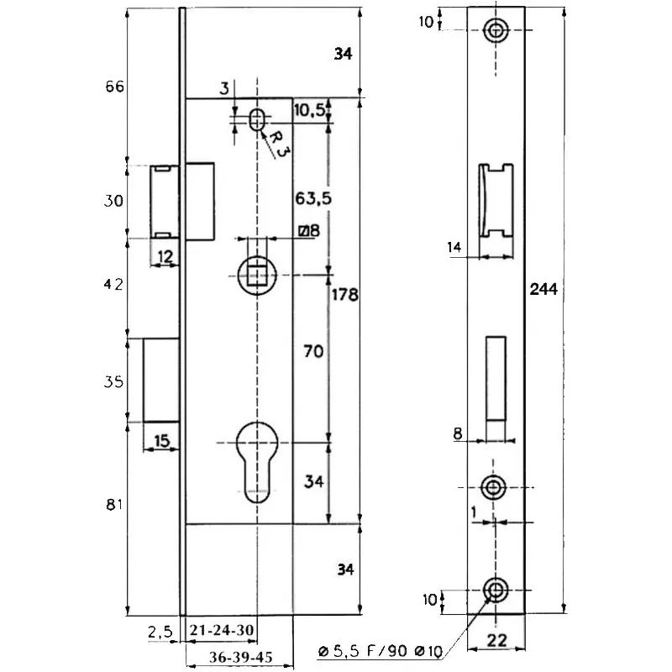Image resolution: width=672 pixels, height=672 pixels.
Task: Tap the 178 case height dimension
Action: (344, 295)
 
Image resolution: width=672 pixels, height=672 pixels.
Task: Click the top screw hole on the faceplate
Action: (496, 30)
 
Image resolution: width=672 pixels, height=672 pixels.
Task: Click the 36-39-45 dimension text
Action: (239, 658)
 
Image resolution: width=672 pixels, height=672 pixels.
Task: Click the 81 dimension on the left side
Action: (114, 505)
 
